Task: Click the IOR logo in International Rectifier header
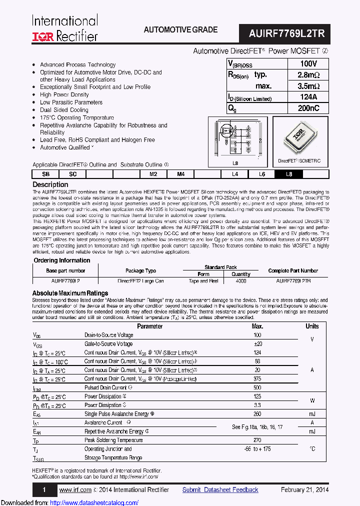click(x=43, y=35)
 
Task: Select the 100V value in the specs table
click(x=308, y=64)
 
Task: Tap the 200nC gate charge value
click(x=308, y=108)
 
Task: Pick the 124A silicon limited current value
click(x=308, y=97)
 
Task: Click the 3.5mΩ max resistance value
click(x=308, y=86)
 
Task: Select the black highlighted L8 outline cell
click(x=288, y=174)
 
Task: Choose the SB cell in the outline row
click(x=45, y=174)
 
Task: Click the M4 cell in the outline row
click(x=180, y=174)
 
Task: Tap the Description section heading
click(x=50, y=184)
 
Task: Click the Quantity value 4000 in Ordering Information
click(x=241, y=281)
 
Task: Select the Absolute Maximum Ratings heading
click(x=70, y=293)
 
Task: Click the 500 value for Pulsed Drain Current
click(x=257, y=387)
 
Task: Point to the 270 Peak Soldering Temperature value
click(x=257, y=440)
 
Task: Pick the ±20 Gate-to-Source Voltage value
click(x=257, y=344)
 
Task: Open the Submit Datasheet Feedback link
click(x=220, y=489)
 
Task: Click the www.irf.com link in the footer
click(x=75, y=489)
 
